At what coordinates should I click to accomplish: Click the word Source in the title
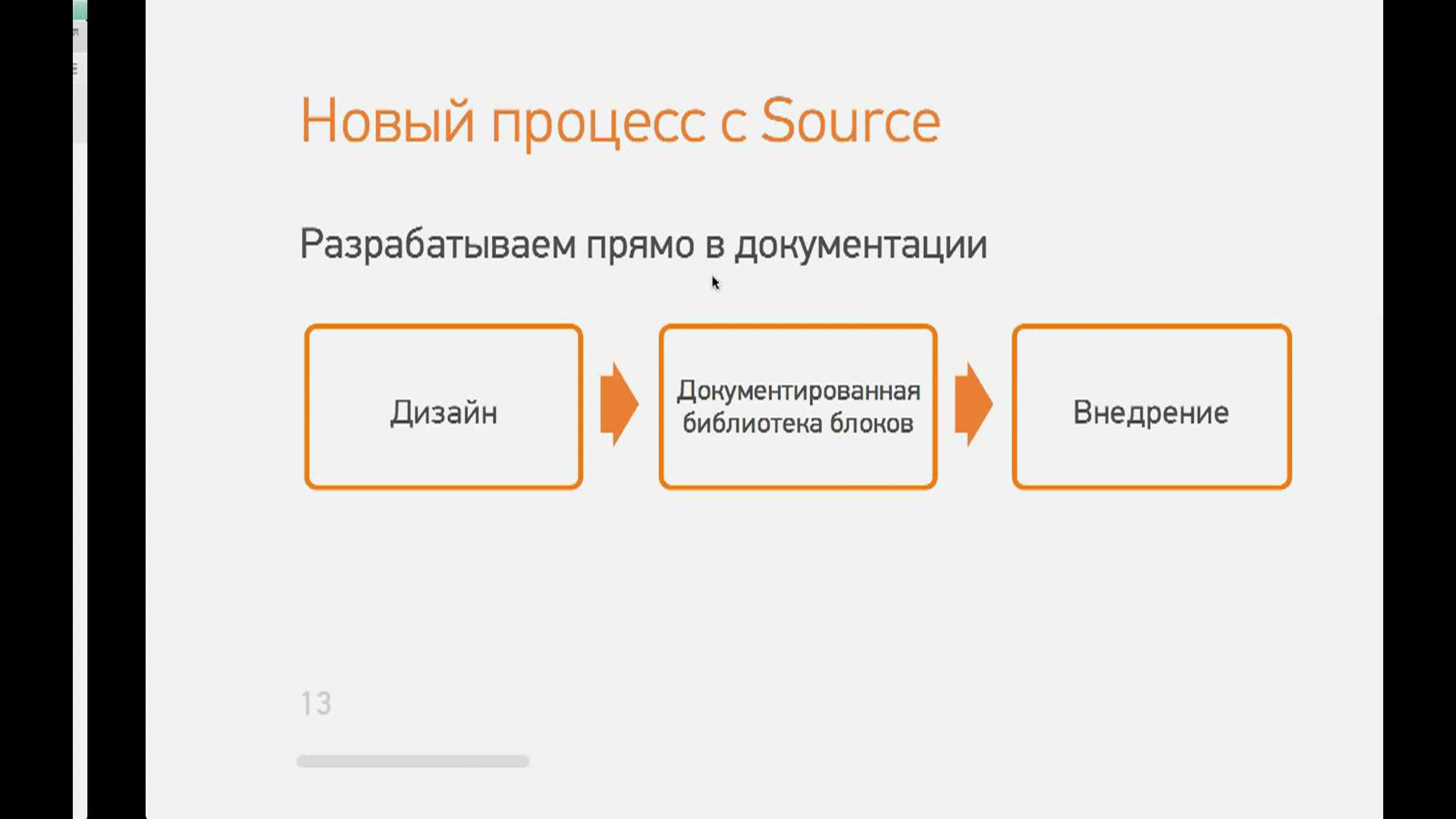coord(850,121)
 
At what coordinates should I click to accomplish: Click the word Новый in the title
coord(388,121)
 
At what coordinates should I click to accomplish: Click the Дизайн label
coord(444,413)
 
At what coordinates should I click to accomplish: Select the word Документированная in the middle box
coord(799,391)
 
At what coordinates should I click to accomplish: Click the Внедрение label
coord(1151,413)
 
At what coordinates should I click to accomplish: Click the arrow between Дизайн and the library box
coord(620,404)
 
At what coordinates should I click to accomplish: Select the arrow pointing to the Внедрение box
coord(974,404)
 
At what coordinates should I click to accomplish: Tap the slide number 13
coord(316,704)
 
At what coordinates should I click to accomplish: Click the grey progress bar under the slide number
coord(413,761)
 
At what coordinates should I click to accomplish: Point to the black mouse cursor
coord(715,283)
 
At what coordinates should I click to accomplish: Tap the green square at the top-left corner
coord(80,10)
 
